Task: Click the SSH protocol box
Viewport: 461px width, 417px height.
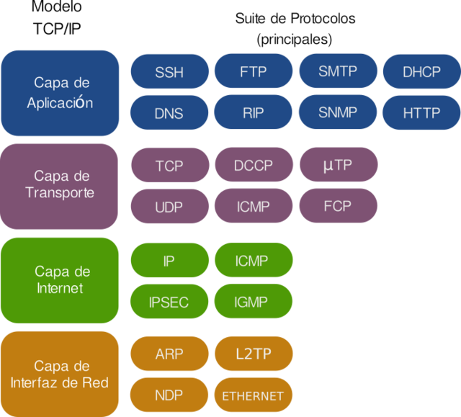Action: click(x=169, y=72)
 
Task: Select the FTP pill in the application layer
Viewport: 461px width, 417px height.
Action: click(x=254, y=71)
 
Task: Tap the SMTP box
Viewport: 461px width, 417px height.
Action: click(x=338, y=71)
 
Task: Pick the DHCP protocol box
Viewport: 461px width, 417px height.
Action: click(x=421, y=71)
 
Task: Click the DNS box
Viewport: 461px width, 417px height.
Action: click(x=169, y=113)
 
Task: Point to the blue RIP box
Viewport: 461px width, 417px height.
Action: click(x=254, y=112)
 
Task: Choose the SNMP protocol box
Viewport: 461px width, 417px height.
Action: click(x=338, y=112)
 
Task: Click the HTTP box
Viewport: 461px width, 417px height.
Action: click(x=421, y=112)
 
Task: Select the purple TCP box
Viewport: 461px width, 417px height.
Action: click(x=169, y=166)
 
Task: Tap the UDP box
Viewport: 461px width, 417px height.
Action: click(x=169, y=207)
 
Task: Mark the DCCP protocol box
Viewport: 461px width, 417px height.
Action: click(x=254, y=166)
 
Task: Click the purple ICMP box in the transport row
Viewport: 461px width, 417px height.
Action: click(x=254, y=207)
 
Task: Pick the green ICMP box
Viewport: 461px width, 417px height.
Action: click(x=254, y=261)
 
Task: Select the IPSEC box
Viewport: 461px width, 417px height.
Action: click(x=169, y=302)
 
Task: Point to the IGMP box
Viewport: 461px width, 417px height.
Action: click(x=254, y=302)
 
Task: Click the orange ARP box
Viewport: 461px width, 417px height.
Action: click(x=169, y=354)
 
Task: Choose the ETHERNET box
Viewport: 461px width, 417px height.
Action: click(x=254, y=395)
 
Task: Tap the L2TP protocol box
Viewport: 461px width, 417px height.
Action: click(x=254, y=354)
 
